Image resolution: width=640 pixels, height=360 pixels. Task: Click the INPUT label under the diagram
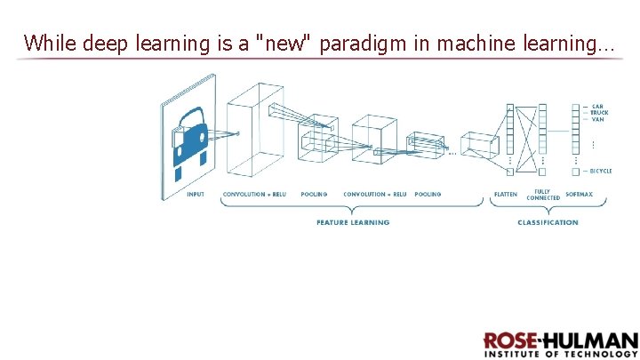[x=195, y=194]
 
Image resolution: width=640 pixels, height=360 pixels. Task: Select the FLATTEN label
[x=506, y=194]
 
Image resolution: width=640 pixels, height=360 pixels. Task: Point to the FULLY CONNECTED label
[x=542, y=194]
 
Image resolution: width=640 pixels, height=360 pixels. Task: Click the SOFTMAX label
[x=580, y=194]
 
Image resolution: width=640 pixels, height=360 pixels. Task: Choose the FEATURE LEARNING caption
[x=353, y=222]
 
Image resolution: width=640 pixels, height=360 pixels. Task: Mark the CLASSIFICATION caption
[x=548, y=222]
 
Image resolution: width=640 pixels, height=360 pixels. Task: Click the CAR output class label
[x=598, y=107]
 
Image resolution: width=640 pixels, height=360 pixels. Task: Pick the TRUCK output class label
[x=600, y=113]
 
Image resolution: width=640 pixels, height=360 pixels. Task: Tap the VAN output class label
[x=598, y=119]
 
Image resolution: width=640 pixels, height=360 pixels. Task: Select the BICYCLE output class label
[x=602, y=170]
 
